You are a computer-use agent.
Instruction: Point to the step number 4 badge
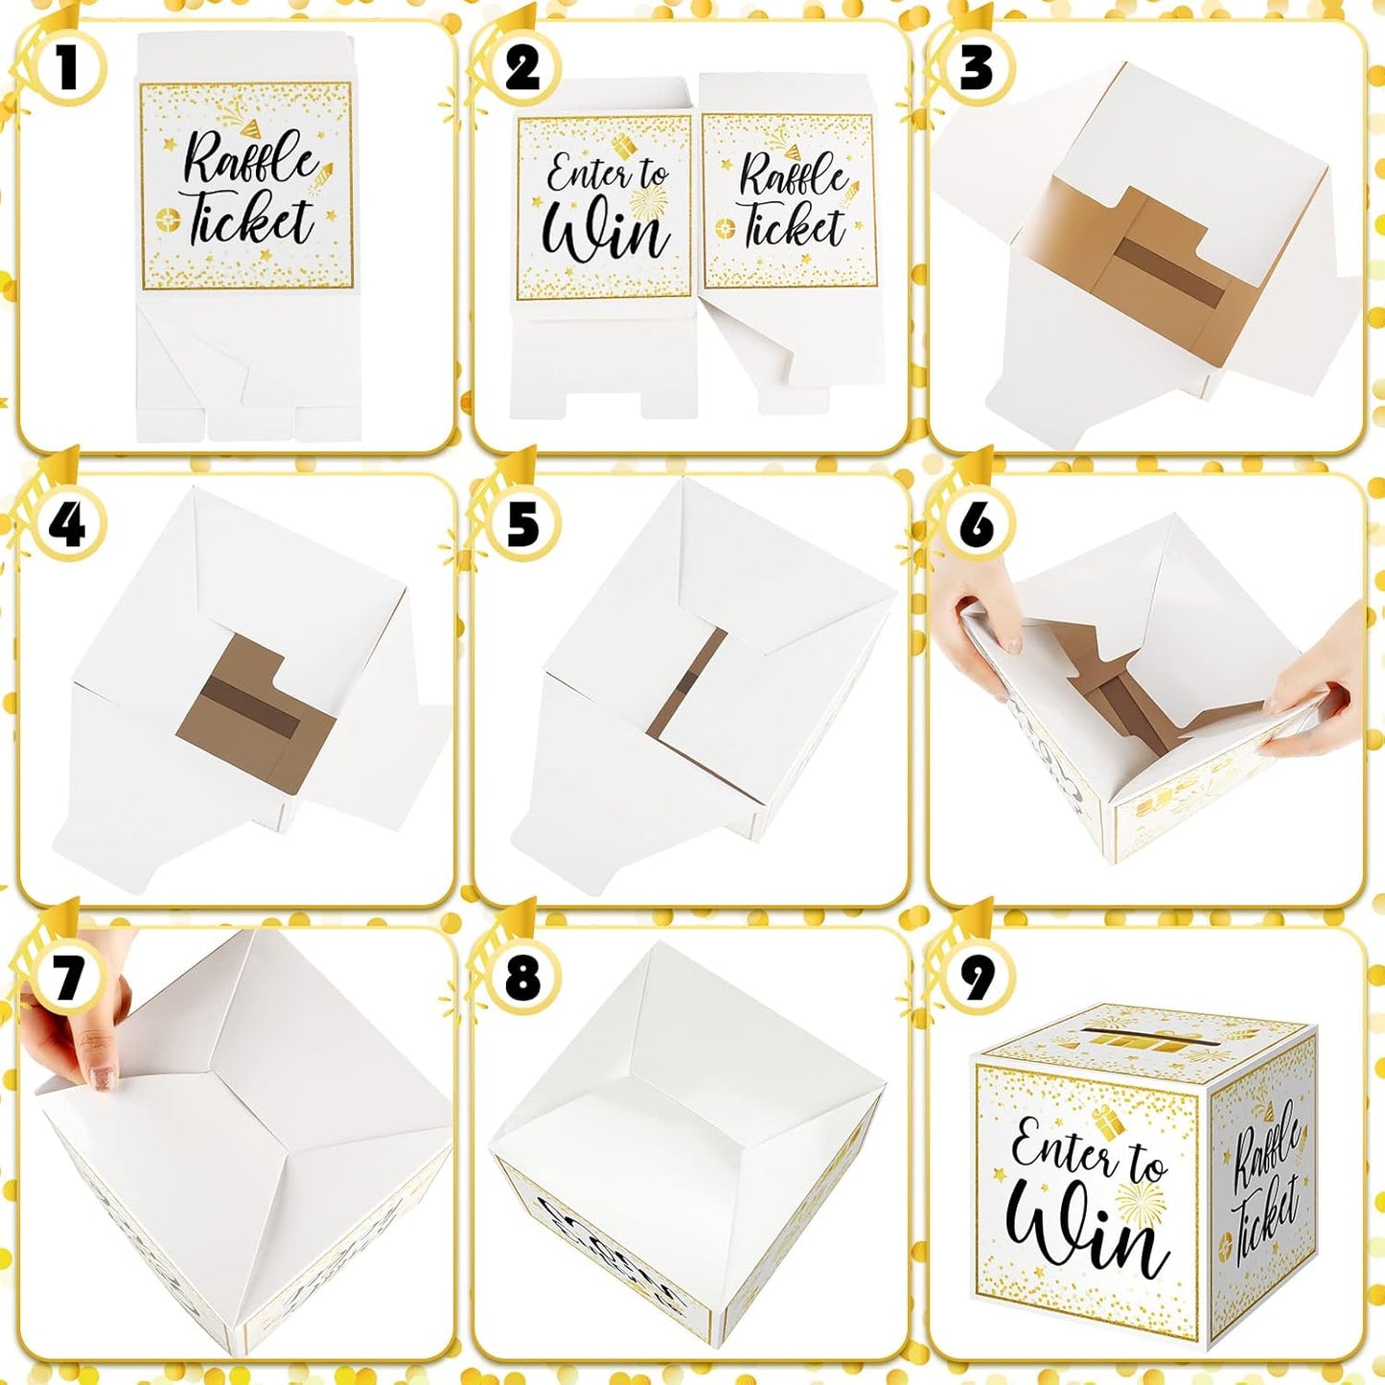[66, 524]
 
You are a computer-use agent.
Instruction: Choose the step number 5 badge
[522, 524]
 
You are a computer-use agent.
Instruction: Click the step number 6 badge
[977, 524]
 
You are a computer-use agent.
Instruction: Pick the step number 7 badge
[66, 979]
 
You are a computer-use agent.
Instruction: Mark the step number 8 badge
[522, 979]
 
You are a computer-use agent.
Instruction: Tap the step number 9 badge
[977, 979]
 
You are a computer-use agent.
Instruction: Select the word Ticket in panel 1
[250, 219]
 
